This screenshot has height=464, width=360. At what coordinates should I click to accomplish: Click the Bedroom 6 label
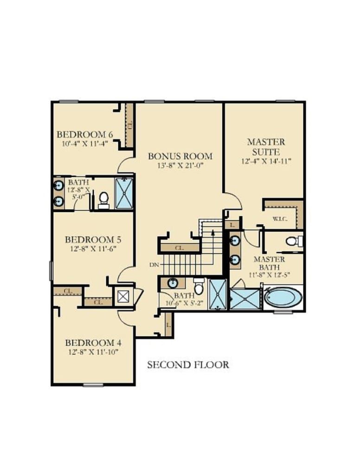tap(85, 135)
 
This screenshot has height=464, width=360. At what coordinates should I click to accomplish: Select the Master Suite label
tap(266, 147)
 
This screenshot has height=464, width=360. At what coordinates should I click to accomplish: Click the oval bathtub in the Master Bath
tap(283, 296)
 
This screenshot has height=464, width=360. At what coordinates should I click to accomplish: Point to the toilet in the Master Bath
tap(294, 241)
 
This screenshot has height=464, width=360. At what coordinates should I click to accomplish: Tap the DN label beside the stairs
tap(154, 265)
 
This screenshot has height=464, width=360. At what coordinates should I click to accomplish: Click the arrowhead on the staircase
tap(212, 232)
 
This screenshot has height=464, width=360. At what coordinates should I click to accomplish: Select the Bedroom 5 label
tap(93, 239)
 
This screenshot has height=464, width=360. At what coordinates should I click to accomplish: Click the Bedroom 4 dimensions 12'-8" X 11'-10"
tap(93, 352)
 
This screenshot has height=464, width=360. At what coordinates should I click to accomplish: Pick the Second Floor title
tap(188, 365)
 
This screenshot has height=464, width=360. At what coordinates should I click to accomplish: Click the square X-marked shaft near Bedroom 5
tap(123, 296)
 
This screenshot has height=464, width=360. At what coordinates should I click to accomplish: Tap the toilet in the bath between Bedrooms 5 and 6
tap(103, 200)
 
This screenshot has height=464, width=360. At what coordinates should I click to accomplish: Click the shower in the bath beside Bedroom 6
tap(124, 193)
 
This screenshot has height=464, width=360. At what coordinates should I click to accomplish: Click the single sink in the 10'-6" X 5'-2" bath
tap(173, 283)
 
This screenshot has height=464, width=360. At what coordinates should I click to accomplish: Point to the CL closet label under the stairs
tap(180, 248)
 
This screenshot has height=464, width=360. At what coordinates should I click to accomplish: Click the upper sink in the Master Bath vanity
tap(235, 240)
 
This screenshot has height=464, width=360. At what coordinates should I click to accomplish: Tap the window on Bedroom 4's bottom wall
tap(93, 385)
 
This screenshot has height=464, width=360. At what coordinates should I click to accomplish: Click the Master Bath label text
tap(269, 264)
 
